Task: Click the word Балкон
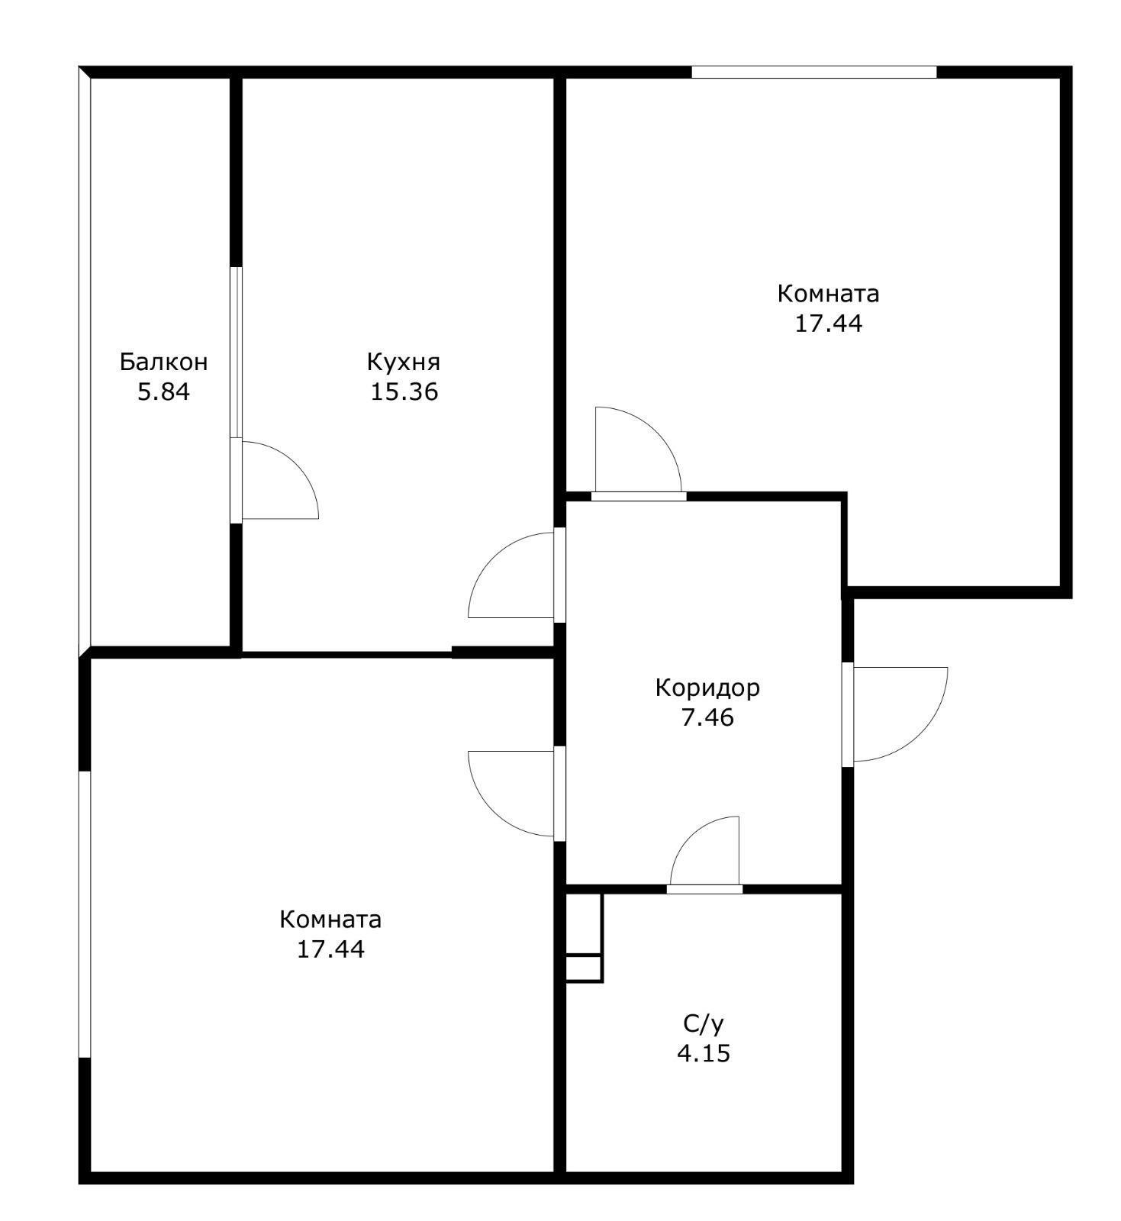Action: (163, 362)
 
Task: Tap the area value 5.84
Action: (163, 392)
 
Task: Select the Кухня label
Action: (404, 362)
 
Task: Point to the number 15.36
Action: (404, 392)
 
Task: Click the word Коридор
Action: (707, 688)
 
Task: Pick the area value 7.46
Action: (707, 718)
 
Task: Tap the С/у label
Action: (703, 1023)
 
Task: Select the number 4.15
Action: (704, 1054)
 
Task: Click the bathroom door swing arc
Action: (689, 836)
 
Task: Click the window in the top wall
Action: (813, 72)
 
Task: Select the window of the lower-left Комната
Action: (85, 914)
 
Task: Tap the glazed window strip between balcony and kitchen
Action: (237, 352)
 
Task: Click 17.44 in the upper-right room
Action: (829, 324)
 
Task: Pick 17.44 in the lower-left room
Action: (331, 949)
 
